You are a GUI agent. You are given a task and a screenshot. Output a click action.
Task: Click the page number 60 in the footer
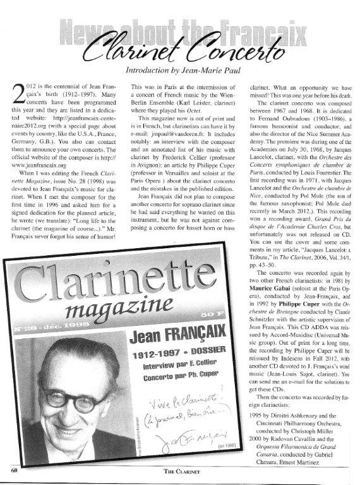click(x=14, y=470)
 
